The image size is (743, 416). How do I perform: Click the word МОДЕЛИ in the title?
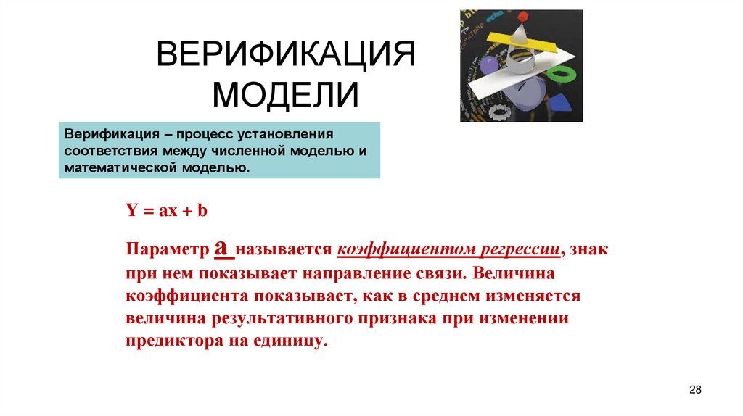pos(286,95)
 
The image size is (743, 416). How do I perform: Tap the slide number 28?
pos(695,390)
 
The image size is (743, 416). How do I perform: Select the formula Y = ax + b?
pos(167,211)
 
